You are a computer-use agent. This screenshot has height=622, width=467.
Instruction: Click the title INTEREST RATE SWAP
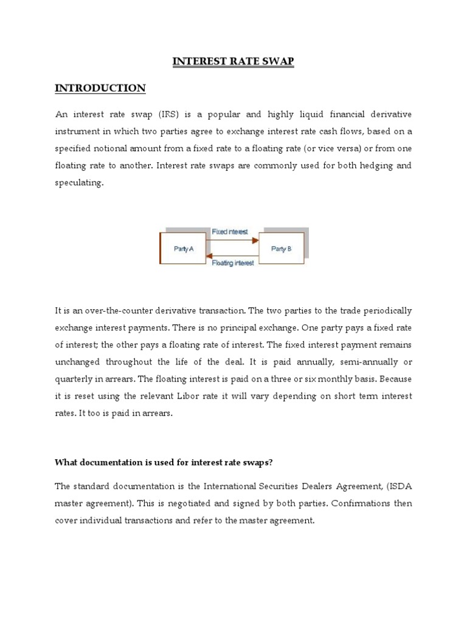[233, 61]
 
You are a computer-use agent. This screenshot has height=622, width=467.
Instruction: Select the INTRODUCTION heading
[100, 89]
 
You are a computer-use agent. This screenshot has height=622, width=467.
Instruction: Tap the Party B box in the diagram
[281, 248]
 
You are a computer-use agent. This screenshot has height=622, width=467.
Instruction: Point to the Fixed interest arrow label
[230, 232]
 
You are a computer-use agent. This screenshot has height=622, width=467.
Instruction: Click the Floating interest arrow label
[233, 263]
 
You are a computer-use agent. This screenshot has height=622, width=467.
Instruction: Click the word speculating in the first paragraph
[79, 182]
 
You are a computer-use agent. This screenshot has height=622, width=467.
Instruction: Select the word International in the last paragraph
[233, 487]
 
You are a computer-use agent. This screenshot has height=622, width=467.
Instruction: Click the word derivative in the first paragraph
[389, 114]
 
